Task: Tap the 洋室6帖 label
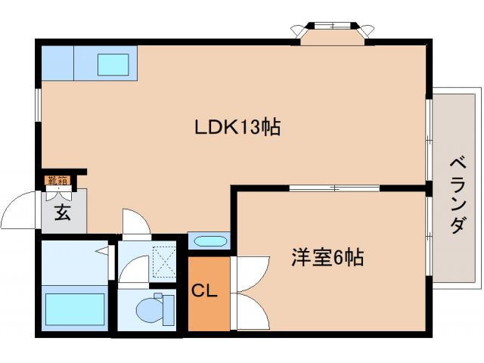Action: pyautogui.click(x=327, y=258)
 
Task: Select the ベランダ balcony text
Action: pyautogui.click(x=457, y=195)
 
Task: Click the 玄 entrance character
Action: pyautogui.click(x=62, y=213)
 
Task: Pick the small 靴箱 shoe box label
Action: pyautogui.click(x=57, y=180)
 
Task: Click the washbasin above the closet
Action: pyautogui.click(x=209, y=242)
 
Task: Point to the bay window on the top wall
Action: pyautogui.click(x=333, y=30)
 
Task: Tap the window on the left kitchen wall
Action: pyautogui.click(x=38, y=105)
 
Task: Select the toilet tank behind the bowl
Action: pyautogui.click(x=167, y=309)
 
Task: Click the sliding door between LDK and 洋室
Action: pyautogui.click(x=334, y=187)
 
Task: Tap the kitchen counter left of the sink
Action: pyautogui.click(x=57, y=64)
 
